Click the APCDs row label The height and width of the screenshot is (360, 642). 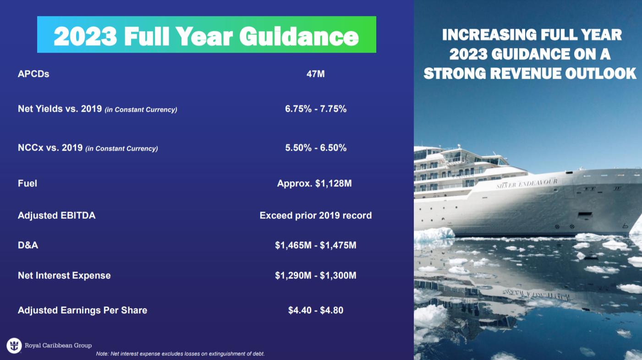33,74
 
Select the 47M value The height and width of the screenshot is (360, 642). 316,74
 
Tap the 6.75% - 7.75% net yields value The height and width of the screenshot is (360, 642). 316,109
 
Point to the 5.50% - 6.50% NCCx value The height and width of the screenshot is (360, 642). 316,148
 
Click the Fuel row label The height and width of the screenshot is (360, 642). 27,183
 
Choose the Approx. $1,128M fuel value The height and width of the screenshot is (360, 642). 314,183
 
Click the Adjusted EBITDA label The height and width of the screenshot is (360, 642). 56,215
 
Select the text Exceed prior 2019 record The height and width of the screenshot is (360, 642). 316,215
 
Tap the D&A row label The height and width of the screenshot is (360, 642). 28,245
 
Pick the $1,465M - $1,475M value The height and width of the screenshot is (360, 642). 316,245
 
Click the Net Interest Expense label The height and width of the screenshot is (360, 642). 64,276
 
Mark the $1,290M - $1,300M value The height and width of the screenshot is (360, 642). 316,276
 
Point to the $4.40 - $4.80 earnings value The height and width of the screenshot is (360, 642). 316,310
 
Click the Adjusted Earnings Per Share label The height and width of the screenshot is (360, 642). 82,310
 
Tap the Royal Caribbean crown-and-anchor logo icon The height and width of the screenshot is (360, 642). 14,345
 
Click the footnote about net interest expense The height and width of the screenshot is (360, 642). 180,354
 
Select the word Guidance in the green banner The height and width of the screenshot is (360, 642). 299,37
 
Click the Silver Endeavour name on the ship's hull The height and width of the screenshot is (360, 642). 527,183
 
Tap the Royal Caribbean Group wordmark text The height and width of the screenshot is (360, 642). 58,345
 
